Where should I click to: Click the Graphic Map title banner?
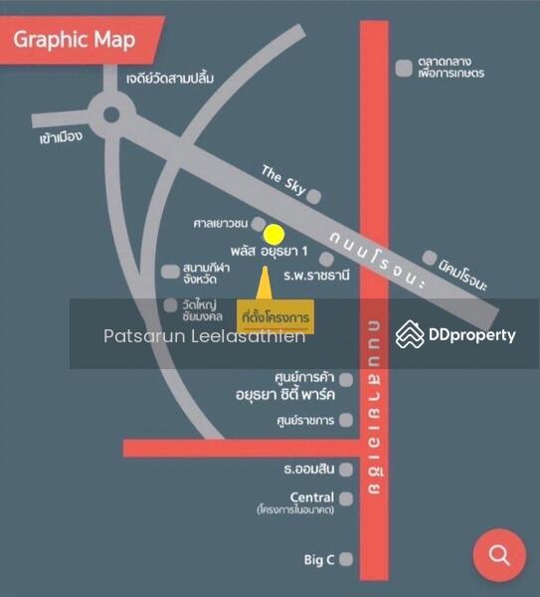[x=75, y=43]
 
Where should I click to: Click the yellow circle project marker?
[x=274, y=235]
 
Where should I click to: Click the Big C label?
[x=319, y=560]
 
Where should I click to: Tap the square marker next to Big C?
[x=346, y=560]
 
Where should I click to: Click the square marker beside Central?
[x=346, y=498]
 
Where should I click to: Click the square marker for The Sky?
[x=314, y=196]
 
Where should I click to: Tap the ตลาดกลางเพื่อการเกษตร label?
[x=450, y=67]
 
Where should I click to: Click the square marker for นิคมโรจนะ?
[x=430, y=258]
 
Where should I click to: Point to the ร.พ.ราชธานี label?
[x=317, y=275]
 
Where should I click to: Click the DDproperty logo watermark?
[x=456, y=334]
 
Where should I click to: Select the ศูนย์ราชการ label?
[x=304, y=420]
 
